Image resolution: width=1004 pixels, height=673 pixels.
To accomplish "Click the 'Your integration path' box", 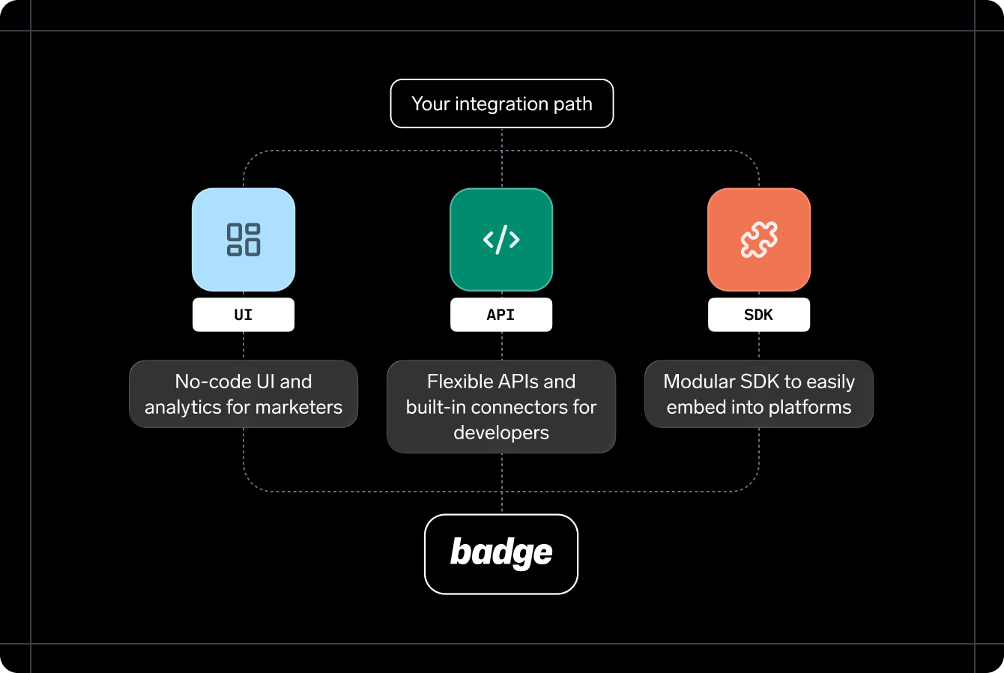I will click(x=501, y=103).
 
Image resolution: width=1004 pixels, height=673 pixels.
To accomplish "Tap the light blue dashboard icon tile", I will click(x=244, y=240).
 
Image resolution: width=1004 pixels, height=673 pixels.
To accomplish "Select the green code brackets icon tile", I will click(x=501, y=240).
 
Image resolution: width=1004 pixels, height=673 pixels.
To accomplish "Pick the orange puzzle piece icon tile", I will click(x=759, y=240).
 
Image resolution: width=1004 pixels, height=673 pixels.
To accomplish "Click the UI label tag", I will click(x=244, y=315).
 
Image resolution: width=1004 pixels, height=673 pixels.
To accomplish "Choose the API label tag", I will click(x=501, y=315).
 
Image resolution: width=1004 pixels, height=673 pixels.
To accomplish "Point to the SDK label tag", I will click(x=759, y=315).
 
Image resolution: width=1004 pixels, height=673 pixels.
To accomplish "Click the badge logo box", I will click(x=501, y=554).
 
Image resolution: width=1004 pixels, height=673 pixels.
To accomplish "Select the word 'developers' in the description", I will click(x=501, y=432).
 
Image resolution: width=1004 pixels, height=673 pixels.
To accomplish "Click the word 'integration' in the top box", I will click(x=501, y=103).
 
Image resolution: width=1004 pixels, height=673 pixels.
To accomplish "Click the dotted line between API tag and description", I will click(x=501, y=345).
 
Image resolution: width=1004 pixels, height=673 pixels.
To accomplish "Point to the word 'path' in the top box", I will click(x=573, y=103).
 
